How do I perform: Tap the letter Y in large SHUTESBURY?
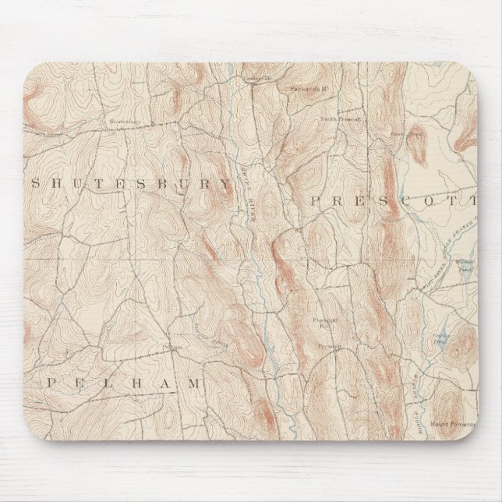click(225, 184)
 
